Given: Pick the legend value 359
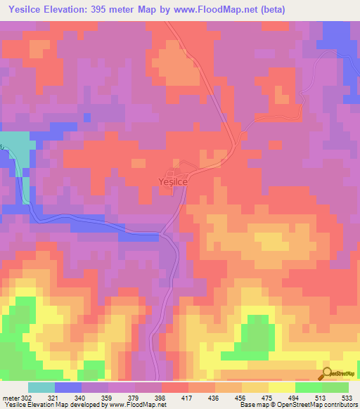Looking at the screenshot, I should tap(108, 397).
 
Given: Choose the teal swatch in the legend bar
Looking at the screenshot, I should tap(41, 387).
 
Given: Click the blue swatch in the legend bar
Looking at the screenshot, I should tap(68, 387).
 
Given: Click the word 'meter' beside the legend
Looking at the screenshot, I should tap(10, 397).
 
